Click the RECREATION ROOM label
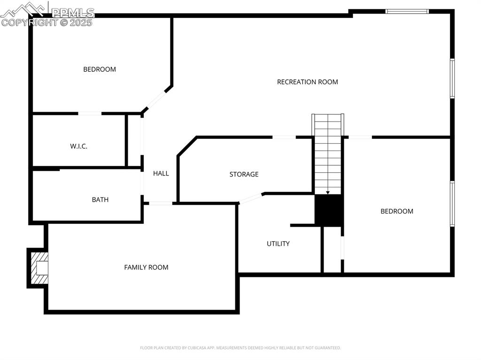[307, 82]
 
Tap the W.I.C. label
[79, 146]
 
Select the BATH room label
[100, 199]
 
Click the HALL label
[161, 173]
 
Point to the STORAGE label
[244, 174]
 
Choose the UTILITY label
[278, 244]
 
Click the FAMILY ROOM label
[146, 267]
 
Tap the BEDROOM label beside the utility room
[396, 211]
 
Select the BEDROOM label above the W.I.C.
[100, 69]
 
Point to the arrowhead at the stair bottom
[328, 192]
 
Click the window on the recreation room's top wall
[407, 11]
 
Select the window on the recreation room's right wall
[452, 78]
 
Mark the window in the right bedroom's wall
[452, 204]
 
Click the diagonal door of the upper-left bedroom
[157, 99]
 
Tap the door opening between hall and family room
[160, 203]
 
